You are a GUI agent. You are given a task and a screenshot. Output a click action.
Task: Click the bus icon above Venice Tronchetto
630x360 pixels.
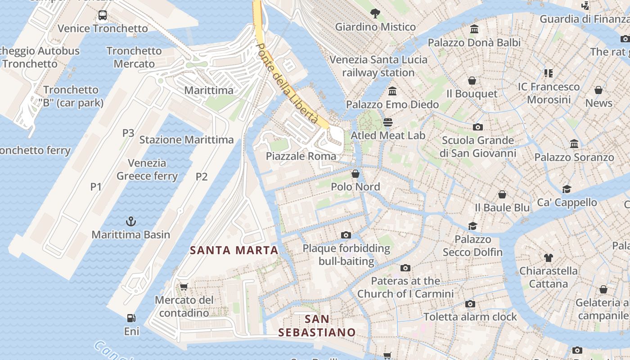pyautogui.click(x=103, y=15)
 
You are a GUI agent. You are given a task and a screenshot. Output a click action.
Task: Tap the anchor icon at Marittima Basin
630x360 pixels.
pyautogui.click(x=130, y=221)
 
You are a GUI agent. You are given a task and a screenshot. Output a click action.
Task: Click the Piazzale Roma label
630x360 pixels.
pyautogui.click(x=301, y=156)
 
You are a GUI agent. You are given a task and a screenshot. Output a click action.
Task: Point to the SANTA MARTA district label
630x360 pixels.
pyautogui.click(x=234, y=250)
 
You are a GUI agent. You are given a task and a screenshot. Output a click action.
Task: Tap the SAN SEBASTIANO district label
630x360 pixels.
pyautogui.click(x=317, y=326)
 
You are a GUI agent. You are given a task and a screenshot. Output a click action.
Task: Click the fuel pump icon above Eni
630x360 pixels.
pyautogui.click(x=131, y=318)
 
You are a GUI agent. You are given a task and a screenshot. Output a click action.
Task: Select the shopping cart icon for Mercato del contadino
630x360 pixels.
pyautogui.click(x=184, y=287)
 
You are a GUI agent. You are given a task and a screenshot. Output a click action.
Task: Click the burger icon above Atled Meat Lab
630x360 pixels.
pyautogui.click(x=387, y=122)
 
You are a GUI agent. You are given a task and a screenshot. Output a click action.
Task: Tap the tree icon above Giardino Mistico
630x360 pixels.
pyautogui.click(x=375, y=13)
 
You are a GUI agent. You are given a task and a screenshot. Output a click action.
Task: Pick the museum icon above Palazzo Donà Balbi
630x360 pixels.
pyautogui.click(x=474, y=29)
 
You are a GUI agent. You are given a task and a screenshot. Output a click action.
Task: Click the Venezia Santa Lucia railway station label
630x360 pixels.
pyautogui.click(x=378, y=66)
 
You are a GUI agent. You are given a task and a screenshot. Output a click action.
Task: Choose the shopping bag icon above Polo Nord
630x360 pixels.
pyautogui.click(x=355, y=173)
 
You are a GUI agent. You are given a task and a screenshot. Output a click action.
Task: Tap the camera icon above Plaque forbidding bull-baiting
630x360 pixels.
pyautogui.click(x=346, y=235)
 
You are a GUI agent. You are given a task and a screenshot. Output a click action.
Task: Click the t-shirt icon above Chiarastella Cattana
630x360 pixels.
pyautogui.click(x=548, y=257)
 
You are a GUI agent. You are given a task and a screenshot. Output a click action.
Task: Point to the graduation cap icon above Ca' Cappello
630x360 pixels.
pyautogui.click(x=567, y=189)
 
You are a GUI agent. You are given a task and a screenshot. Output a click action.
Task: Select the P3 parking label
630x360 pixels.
pyautogui.click(x=128, y=133)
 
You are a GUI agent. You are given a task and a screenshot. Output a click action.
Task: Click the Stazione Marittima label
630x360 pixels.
pyautogui.click(x=186, y=139)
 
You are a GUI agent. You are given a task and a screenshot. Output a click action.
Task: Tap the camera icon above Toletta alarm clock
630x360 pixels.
pyautogui.click(x=470, y=304)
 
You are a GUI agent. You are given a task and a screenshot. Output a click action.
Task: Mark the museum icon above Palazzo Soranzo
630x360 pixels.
pyautogui.click(x=574, y=144)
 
